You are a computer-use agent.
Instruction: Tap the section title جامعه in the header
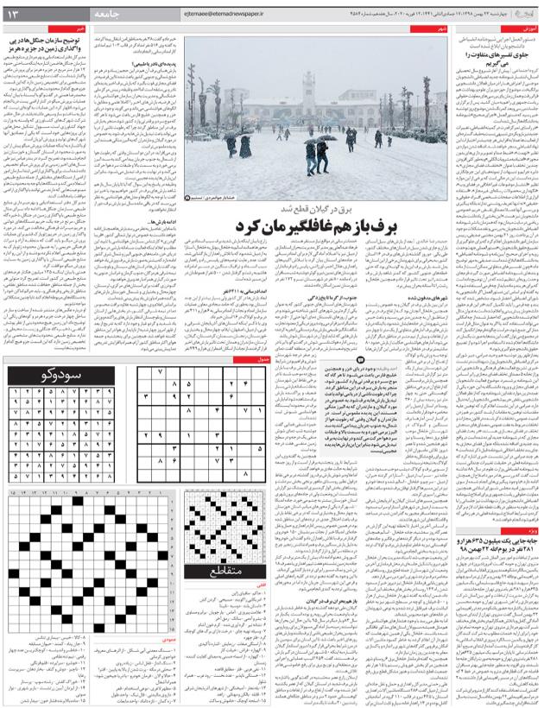[113, 14]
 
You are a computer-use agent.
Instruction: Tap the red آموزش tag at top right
[529, 29]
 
